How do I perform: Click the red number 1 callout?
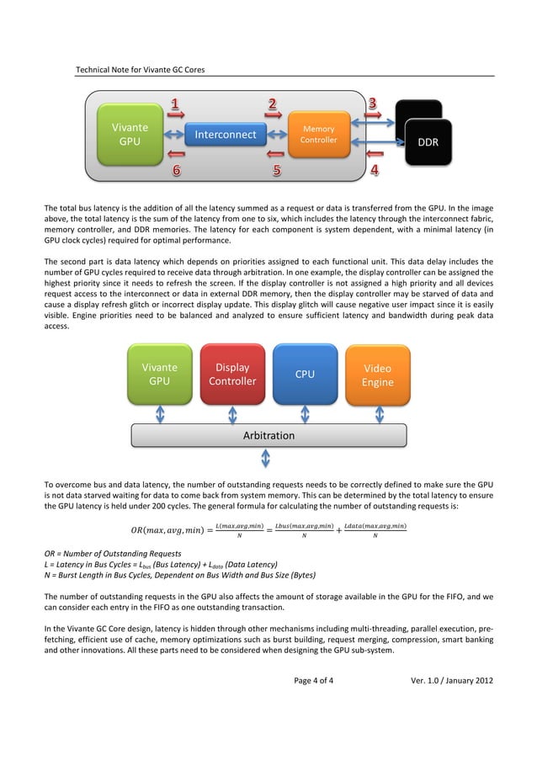(x=175, y=104)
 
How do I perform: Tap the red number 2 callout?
(x=273, y=104)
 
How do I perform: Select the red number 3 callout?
(x=372, y=104)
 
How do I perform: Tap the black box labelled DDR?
(x=428, y=142)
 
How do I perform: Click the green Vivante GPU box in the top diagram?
(x=129, y=135)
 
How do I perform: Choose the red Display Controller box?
(x=232, y=374)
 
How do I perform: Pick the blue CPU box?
(x=305, y=374)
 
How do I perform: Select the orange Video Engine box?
(x=377, y=374)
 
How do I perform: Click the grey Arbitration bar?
(x=268, y=435)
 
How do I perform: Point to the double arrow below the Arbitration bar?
(x=267, y=458)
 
